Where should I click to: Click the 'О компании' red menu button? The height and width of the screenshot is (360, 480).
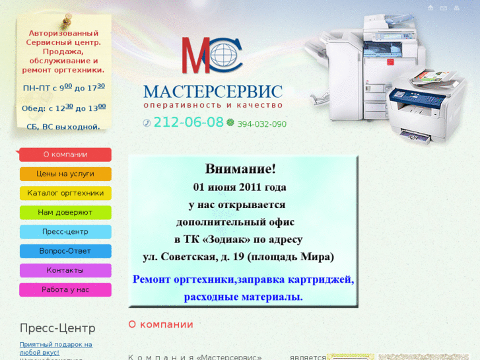pyautogui.click(x=65, y=155)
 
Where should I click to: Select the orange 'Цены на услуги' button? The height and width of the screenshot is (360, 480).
pyautogui.click(x=65, y=174)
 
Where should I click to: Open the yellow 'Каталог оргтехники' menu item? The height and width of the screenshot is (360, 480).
pyautogui.click(x=65, y=193)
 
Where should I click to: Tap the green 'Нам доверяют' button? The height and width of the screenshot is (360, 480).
pyautogui.click(x=65, y=213)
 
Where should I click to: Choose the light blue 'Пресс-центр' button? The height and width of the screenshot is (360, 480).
pyautogui.click(x=65, y=232)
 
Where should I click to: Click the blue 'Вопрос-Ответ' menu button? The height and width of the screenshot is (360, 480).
pyautogui.click(x=65, y=251)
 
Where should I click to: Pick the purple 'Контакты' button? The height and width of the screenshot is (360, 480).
pyautogui.click(x=65, y=270)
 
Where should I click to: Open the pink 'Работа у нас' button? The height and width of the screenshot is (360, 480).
pyautogui.click(x=65, y=289)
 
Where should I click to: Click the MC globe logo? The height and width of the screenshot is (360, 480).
pyautogui.click(x=212, y=55)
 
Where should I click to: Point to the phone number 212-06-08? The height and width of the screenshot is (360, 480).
pyautogui.click(x=188, y=122)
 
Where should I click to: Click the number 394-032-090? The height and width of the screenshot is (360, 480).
pyautogui.click(x=261, y=124)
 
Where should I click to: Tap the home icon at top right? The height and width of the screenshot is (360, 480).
pyautogui.click(x=430, y=8)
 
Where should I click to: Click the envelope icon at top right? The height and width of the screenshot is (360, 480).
pyautogui.click(x=444, y=8)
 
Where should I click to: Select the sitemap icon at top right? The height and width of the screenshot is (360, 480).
pyautogui.click(x=457, y=8)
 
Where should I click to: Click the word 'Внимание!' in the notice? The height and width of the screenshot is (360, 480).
pyautogui.click(x=240, y=169)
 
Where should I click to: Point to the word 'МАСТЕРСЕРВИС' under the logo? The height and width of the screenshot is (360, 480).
pyautogui.click(x=213, y=91)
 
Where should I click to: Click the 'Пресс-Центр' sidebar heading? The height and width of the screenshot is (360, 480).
pyautogui.click(x=57, y=328)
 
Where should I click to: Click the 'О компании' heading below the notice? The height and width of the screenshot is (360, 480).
pyautogui.click(x=160, y=324)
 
